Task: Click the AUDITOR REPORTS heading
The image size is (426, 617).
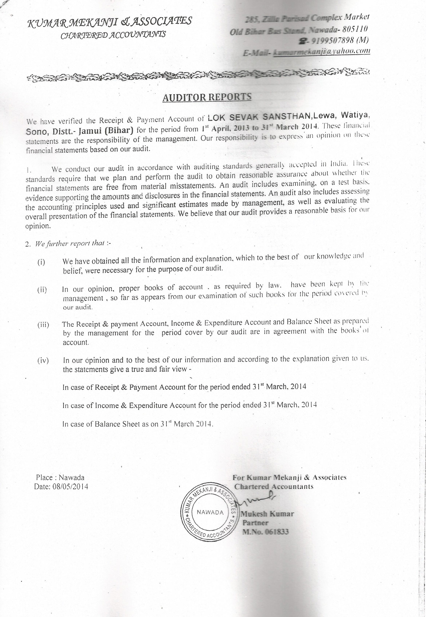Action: [207, 97]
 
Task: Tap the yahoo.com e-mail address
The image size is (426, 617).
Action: [320, 51]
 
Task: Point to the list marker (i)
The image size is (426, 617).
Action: [41, 262]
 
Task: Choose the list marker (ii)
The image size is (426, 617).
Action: [42, 290]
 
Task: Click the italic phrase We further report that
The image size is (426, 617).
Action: [70, 244]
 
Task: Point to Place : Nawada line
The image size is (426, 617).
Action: [60, 477]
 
